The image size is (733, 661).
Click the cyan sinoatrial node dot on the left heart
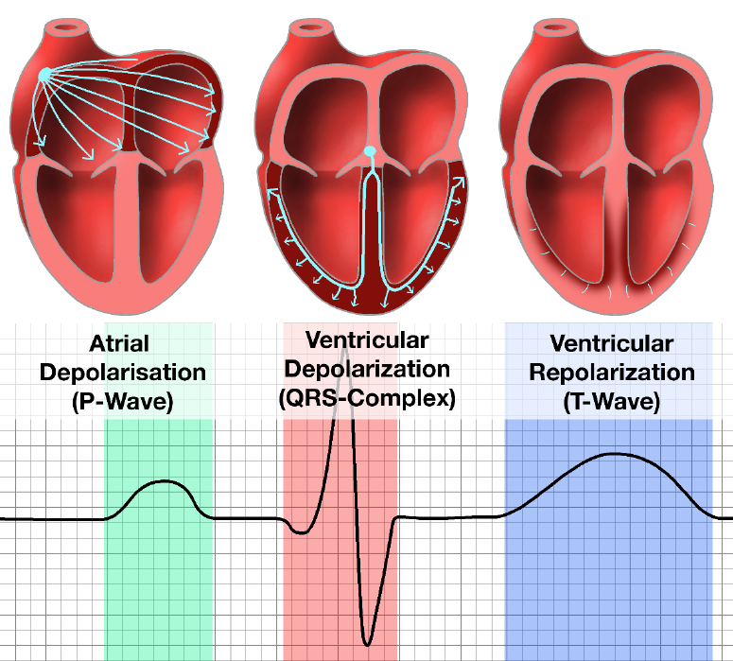click(x=44, y=74)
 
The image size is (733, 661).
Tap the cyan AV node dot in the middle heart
click(x=370, y=151)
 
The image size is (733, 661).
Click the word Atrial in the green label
click(x=119, y=343)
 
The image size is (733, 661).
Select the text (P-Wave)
click(x=122, y=401)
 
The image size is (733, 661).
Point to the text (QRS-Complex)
click(x=367, y=398)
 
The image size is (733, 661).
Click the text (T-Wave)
click(x=611, y=401)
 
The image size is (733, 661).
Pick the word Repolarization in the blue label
click(x=611, y=373)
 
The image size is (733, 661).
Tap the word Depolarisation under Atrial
click(x=122, y=373)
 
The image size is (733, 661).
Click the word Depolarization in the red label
click(x=367, y=370)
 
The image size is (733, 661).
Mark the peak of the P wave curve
click(x=164, y=481)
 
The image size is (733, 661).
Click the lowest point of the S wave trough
click(x=367, y=645)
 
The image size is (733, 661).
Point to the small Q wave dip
click(x=302, y=532)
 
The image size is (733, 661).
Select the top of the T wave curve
click(x=613, y=454)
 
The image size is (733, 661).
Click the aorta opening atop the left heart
click(x=66, y=26)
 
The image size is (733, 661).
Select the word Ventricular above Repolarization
click(x=611, y=343)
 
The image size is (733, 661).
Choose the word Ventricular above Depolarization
click(x=367, y=340)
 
